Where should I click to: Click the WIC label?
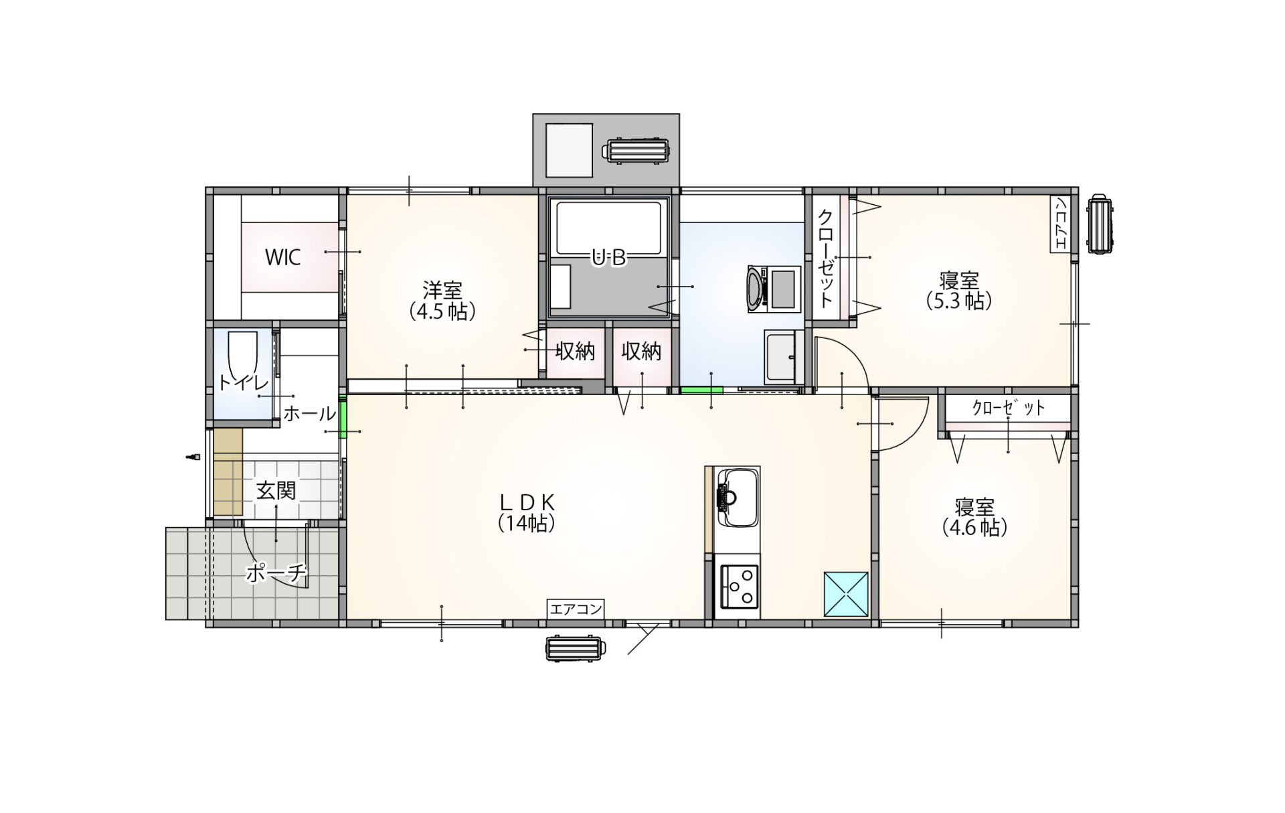[282, 257]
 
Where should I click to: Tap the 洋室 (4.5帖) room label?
[442, 301]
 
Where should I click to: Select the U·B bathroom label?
[608, 257]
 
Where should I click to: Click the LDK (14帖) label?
[527, 512]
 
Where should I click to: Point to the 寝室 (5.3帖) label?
[958, 291]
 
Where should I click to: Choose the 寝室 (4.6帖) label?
[974, 517]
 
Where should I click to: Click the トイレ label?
[243, 382]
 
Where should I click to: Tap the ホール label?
[309, 413]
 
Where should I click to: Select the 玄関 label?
[276, 491]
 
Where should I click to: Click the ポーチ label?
[276, 573]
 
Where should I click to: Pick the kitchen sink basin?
[738, 498]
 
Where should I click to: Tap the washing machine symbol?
[774, 289]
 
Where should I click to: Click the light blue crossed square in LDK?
[846, 593]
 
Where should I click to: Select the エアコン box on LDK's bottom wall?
[576, 609]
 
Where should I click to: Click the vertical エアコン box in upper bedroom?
[1059, 224]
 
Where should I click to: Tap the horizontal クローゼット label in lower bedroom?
[1009, 408]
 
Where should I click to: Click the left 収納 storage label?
[575, 351]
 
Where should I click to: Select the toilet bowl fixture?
[243, 355]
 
